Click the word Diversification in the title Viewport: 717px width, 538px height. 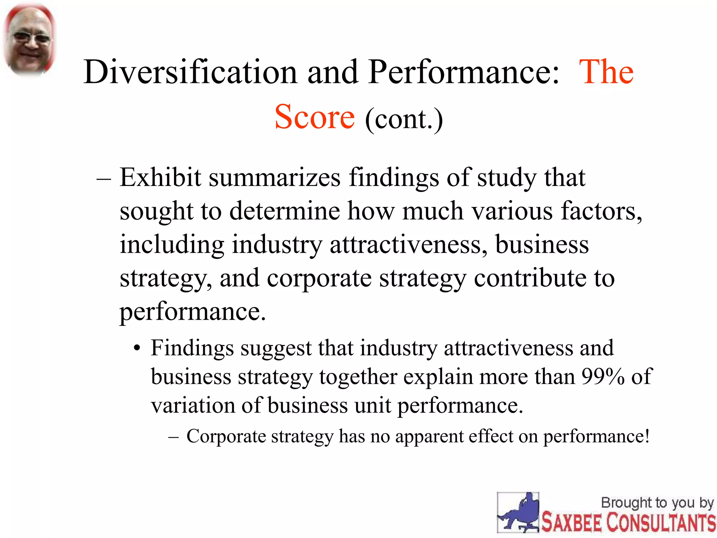click(x=190, y=72)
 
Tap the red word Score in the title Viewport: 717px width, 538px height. click(x=314, y=117)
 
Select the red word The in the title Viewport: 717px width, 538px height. click(x=606, y=72)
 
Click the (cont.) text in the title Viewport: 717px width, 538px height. click(x=404, y=119)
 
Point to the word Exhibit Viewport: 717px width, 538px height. click(x=160, y=177)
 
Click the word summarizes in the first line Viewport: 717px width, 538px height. click(x=275, y=178)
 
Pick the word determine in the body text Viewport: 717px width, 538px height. click(x=284, y=211)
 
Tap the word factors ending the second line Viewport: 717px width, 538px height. click(x=601, y=211)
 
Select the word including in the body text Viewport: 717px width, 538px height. click(x=172, y=245)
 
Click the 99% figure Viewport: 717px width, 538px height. click(x=603, y=377)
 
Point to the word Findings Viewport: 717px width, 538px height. click(x=192, y=349)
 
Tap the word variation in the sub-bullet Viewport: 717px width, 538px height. click(x=193, y=406)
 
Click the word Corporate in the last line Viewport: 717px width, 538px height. click(x=226, y=436)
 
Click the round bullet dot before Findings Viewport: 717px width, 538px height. click(x=137, y=349)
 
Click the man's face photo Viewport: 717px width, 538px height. click(x=29, y=40)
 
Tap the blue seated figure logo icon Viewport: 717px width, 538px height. click(x=518, y=512)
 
